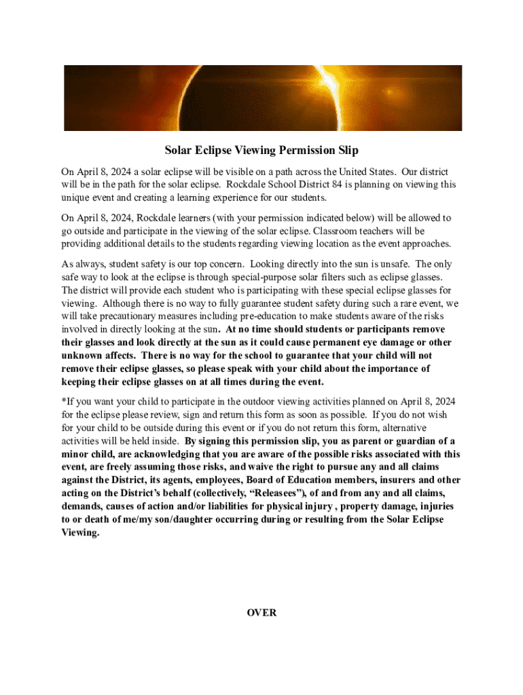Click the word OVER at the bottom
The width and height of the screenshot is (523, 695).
pos(261,612)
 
